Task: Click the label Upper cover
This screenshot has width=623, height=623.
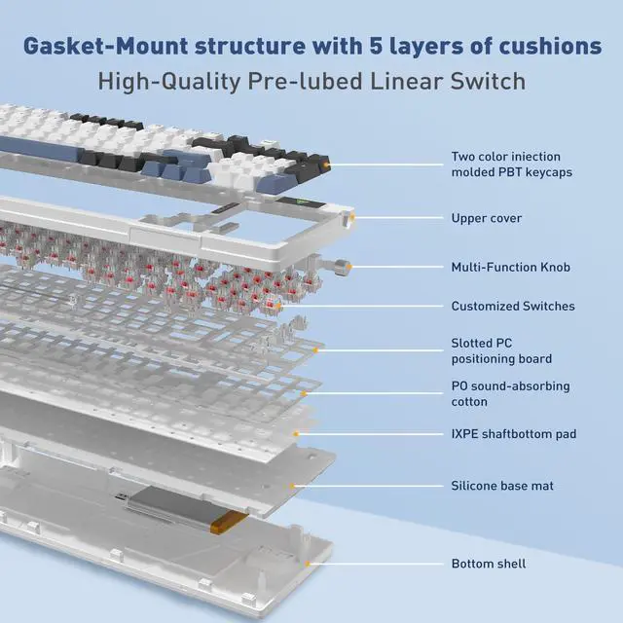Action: tap(486, 218)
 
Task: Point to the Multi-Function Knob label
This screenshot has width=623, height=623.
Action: tap(510, 267)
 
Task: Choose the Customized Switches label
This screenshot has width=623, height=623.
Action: tap(512, 306)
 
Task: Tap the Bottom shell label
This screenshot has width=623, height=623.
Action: tap(488, 564)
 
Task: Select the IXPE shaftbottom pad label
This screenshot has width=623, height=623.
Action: tap(513, 432)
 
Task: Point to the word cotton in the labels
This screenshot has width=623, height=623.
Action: tap(469, 401)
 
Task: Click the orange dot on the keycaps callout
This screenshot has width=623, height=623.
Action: tap(327, 167)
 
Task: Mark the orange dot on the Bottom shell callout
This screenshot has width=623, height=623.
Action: tap(308, 563)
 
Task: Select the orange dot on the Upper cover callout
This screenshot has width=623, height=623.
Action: tap(354, 217)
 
